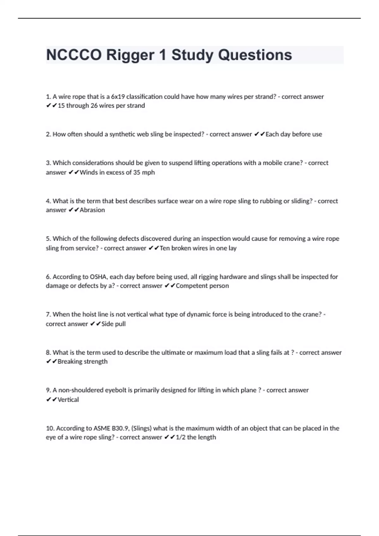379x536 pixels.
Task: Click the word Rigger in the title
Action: pyautogui.click(x=130, y=55)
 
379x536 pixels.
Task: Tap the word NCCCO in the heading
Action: pyautogui.click(x=74, y=55)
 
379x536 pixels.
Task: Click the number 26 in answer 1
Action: pyautogui.click(x=94, y=106)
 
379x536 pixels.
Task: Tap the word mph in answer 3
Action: pyautogui.click(x=148, y=172)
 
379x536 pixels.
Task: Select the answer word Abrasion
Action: pyautogui.click(x=92, y=210)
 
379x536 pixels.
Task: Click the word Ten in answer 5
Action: pyautogui.click(x=165, y=248)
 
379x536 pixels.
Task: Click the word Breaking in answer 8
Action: pyautogui.click(x=69, y=362)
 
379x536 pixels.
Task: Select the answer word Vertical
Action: pyautogui.click(x=68, y=400)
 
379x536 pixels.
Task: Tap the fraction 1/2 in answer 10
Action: pyautogui.click(x=180, y=437)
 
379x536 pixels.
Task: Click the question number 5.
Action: pyautogui.click(x=48, y=239)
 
